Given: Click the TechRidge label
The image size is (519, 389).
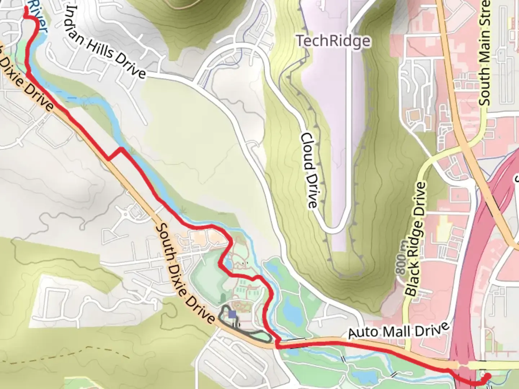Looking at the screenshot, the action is [333, 41].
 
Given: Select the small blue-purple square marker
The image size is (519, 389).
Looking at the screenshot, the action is [232, 315].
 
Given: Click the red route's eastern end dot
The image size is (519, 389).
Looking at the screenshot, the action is [487, 376].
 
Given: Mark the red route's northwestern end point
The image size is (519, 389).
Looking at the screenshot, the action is [26, 8].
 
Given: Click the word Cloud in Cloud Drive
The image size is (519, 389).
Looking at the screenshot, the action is [307, 150].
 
